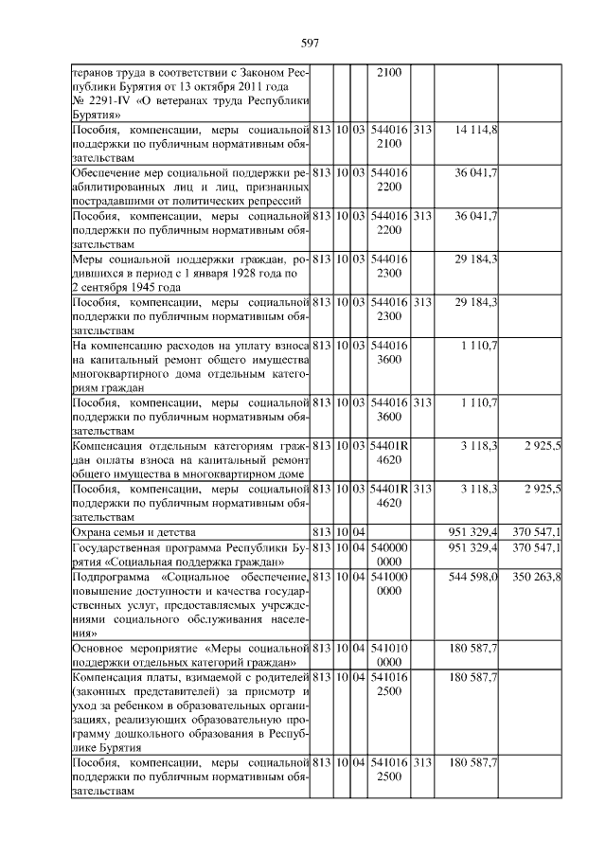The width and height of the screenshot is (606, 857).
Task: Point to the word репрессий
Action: pos(276,201)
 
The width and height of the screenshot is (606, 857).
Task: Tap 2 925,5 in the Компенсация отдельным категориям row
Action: pos(543,445)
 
